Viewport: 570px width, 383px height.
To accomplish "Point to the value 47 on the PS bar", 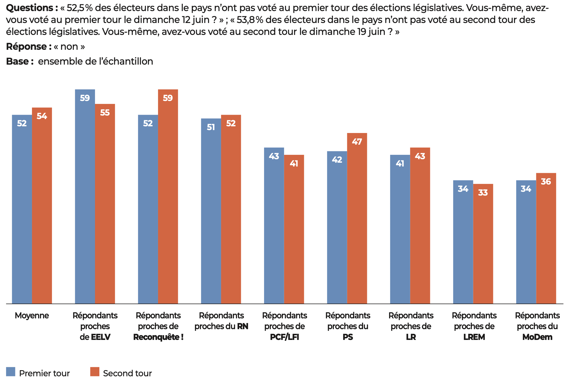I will click(357, 142).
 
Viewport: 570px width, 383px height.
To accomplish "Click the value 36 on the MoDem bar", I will click(546, 182).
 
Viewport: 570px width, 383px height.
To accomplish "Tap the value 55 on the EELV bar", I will click(105, 113).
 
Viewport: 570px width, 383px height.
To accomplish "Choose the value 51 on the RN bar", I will click(211, 127).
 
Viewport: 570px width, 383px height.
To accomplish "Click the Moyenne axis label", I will click(32, 315).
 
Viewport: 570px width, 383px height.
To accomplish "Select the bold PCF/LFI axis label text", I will click(284, 337).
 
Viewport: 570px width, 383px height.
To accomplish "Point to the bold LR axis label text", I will click(411, 337).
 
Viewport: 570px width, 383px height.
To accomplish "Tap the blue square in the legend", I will click(10, 372).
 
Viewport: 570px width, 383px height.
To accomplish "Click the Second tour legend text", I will click(127, 373).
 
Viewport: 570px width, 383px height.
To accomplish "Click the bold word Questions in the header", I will click(30, 8).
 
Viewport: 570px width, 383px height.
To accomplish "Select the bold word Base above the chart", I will click(17, 61).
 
